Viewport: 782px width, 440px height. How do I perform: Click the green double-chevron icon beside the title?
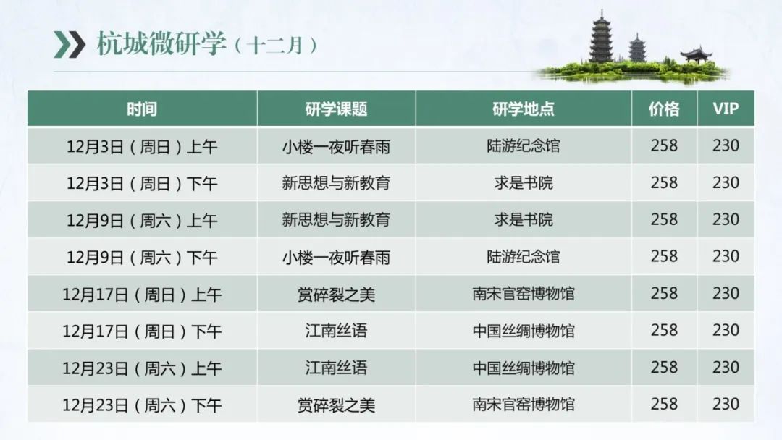pos(70,44)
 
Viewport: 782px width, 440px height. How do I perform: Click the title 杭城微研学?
pos(161,44)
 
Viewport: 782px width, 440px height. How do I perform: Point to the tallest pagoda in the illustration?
pos(602,37)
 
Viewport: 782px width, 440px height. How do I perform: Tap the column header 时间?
pos(142,109)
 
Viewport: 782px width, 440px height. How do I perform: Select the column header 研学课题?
pos(336,109)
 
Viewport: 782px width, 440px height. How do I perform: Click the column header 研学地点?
pos(524,109)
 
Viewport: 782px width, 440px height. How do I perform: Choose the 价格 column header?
pos(664,109)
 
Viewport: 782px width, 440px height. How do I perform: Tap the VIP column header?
pos(726,109)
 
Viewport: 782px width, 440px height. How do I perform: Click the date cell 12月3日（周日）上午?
pos(142,146)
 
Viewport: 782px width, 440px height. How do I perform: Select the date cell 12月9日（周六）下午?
pos(142,257)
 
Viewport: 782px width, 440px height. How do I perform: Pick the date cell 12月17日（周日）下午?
pos(142,331)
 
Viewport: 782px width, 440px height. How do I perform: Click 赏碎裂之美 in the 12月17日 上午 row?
pos(336,294)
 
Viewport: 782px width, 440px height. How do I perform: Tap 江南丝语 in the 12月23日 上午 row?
pos(336,368)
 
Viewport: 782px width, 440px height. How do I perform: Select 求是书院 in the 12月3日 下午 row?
pos(524,183)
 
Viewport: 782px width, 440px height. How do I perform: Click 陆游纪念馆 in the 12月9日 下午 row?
pos(524,257)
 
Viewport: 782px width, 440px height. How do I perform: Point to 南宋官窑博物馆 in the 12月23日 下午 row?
pos(524,404)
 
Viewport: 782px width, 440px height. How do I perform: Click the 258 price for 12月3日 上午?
pos(664,145)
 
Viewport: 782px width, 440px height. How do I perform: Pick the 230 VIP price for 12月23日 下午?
pos(726,404)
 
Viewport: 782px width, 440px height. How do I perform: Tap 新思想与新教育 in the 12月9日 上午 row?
pos(336,220)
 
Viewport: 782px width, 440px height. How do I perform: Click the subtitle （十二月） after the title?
pos(276,46)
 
